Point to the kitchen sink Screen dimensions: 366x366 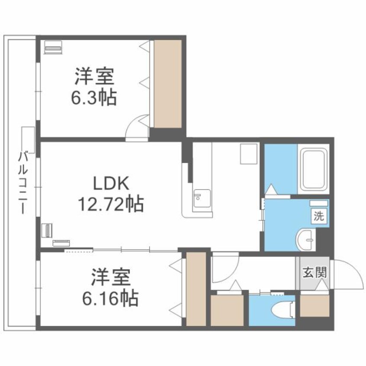pos(201,200)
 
